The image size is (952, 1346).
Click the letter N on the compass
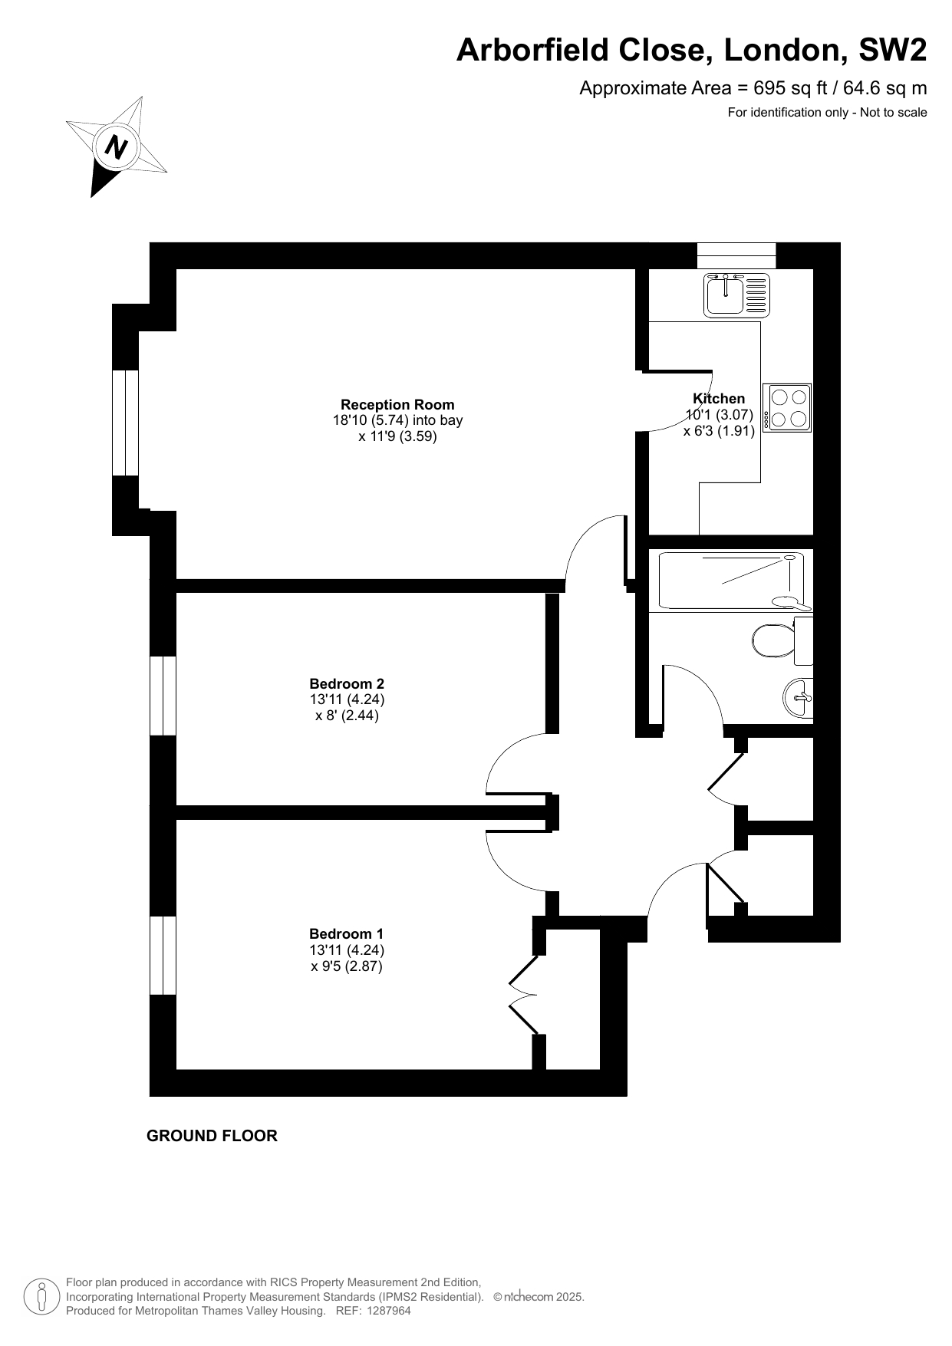coord(117,146)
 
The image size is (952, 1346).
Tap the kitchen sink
coord(736,295)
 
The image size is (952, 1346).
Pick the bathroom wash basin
coord(799,698)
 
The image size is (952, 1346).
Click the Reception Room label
coord(397,405)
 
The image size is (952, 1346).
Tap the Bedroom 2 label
coord(347,683)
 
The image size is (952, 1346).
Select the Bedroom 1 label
coord(346,933)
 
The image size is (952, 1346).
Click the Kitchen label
coord(719,399)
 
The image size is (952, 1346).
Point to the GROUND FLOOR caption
coord(212,1136)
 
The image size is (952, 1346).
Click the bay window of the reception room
coord(125,423)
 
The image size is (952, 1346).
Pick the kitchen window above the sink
coord(736,255)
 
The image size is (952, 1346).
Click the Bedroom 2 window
coord(163,696)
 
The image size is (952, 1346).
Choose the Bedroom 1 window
coord(163,956)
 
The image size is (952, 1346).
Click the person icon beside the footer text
coord(42,1297)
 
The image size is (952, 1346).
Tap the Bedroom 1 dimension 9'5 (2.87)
coord(347,966)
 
